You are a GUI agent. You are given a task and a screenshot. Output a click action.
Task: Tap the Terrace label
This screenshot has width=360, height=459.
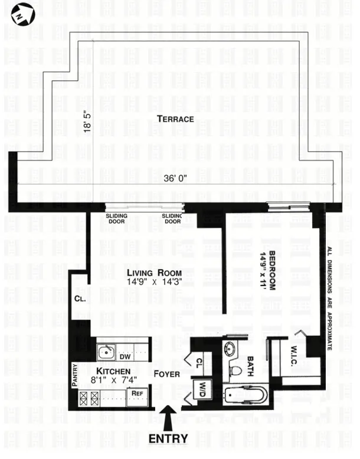tap(175, 119)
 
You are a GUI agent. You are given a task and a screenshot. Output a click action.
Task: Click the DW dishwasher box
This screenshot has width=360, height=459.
tap(125, 356)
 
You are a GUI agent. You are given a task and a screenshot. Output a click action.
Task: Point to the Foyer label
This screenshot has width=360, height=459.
tap(167, 373)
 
